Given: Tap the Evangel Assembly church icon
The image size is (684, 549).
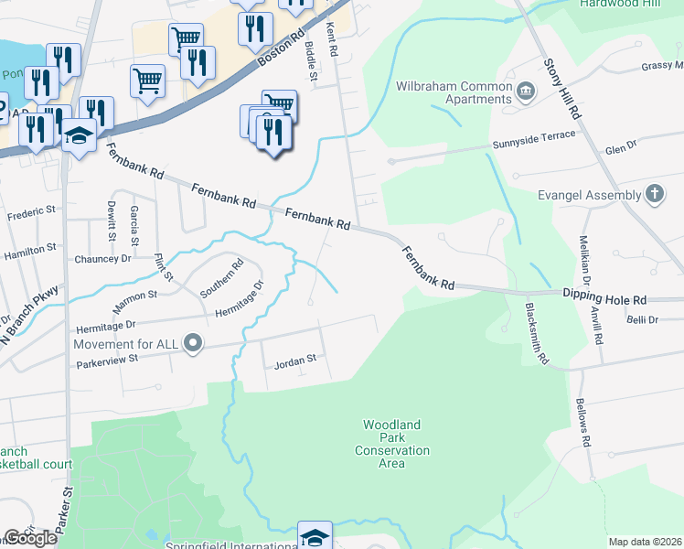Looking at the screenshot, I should [654, 193].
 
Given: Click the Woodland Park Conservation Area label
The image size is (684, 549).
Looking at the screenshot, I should [391, 444].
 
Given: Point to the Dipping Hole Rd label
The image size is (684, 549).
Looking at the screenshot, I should [604, 299].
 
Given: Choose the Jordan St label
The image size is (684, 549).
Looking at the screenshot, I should [294, 363].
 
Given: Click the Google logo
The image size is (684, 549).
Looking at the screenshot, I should [30, 538].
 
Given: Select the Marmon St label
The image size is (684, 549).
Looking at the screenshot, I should [135, 296].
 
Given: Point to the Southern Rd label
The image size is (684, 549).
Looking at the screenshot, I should [222, 279].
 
